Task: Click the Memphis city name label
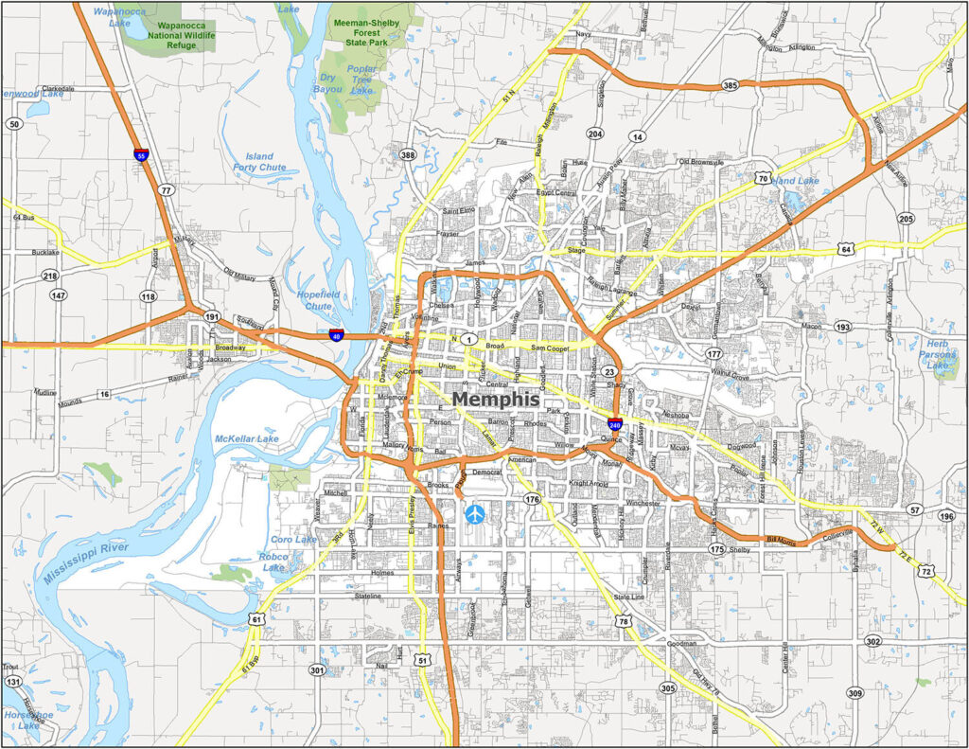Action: (502, 400)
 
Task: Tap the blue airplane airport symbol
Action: (474, 513)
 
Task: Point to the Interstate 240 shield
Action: (615, 424)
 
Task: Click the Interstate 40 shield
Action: (336, 334)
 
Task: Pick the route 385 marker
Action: (729, 85)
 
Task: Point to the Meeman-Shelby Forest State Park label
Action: (364, 27)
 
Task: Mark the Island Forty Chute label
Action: (259, 162)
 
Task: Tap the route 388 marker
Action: (408, 154)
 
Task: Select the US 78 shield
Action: (622, 621)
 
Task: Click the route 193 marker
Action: (842, 327)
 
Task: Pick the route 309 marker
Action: (854, 692)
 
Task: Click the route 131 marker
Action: (12, 682)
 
